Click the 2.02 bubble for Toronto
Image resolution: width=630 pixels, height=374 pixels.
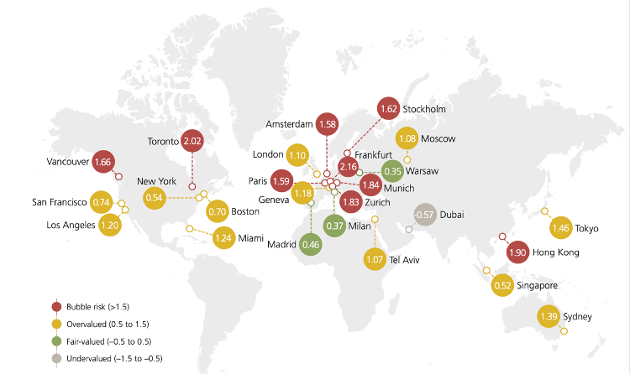[192, 142]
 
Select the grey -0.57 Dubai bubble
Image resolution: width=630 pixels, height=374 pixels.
[426, 215]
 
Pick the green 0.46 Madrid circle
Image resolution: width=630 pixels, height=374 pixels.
[311, 245]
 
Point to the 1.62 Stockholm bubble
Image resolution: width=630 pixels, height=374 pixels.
[388, 109]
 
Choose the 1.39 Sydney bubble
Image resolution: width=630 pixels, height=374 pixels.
[549, 316]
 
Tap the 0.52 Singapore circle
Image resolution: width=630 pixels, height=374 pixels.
[504, 285]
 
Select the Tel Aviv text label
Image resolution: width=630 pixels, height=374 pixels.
[403, 261]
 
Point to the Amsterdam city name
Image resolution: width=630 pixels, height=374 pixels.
[288, 124]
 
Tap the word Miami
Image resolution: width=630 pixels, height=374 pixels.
[250, 238]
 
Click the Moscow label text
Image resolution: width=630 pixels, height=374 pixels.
[441, 138]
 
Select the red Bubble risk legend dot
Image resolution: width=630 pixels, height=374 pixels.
[55, 306]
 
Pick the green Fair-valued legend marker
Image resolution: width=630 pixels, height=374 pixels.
[55, 341]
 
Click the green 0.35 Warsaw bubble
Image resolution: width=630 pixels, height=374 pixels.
[391, 171]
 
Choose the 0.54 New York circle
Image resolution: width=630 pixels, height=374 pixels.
[154, 198]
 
